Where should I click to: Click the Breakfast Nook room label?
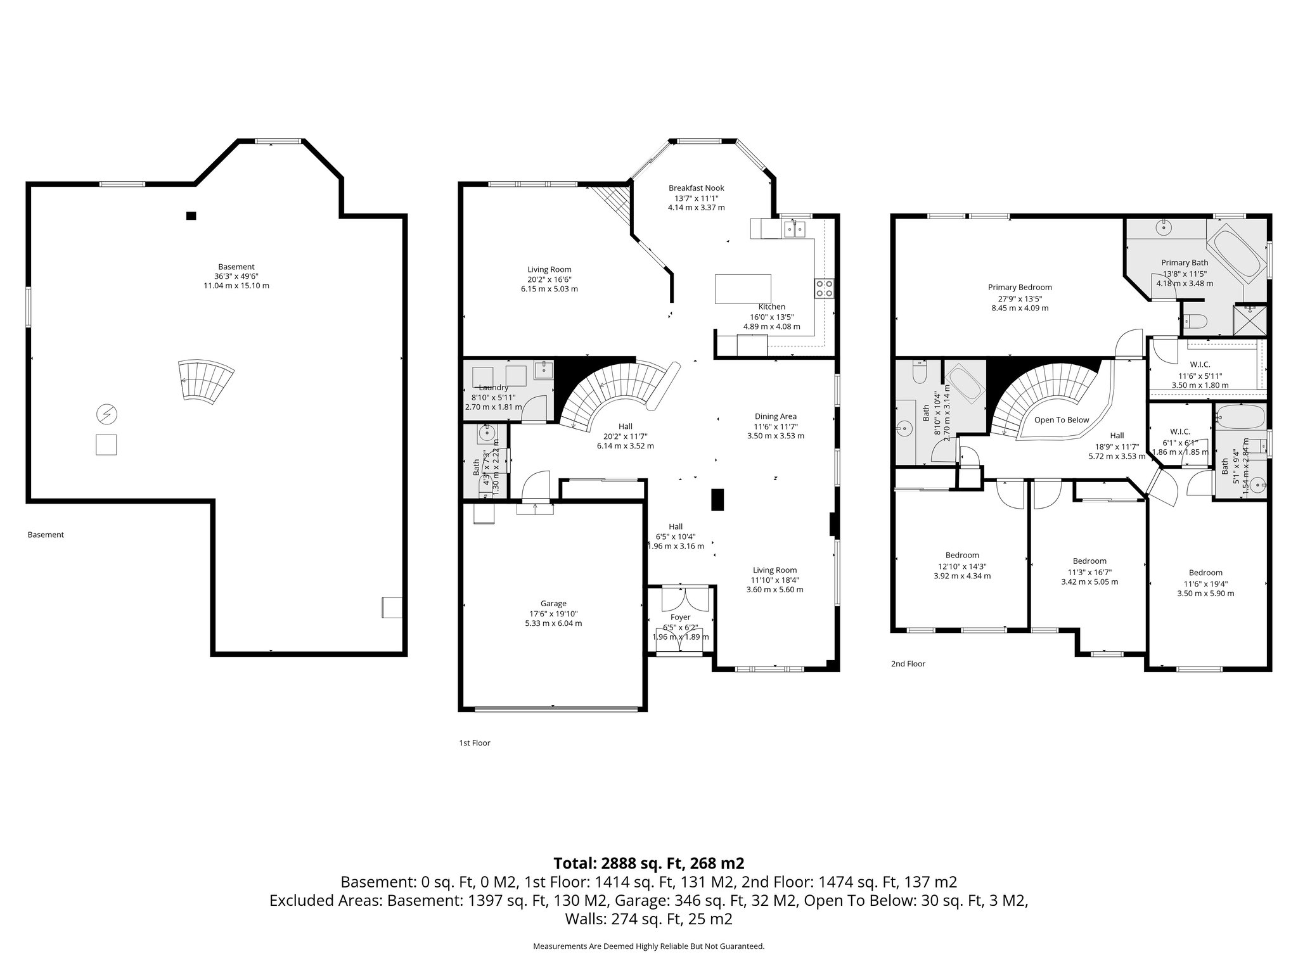coord(696,188)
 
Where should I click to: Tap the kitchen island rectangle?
coord(743,289)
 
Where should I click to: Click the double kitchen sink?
coord(794,228)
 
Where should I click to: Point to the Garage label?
coord(553,604)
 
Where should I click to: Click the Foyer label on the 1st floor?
coord(680,617)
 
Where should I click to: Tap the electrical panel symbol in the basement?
coord(106,415)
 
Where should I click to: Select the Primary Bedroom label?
coord(1020,288)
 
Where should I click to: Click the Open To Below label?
coord(1062,420)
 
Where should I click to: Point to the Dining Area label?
coord(775,416)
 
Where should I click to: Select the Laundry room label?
coord(493,388)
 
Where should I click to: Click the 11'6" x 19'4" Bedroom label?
coord(1205,573)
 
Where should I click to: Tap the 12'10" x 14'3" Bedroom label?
coord(962,556)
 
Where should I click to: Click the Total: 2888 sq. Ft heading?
coord(648,863)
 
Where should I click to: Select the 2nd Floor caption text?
coord(908,664)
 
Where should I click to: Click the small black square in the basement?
coord(191,215)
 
